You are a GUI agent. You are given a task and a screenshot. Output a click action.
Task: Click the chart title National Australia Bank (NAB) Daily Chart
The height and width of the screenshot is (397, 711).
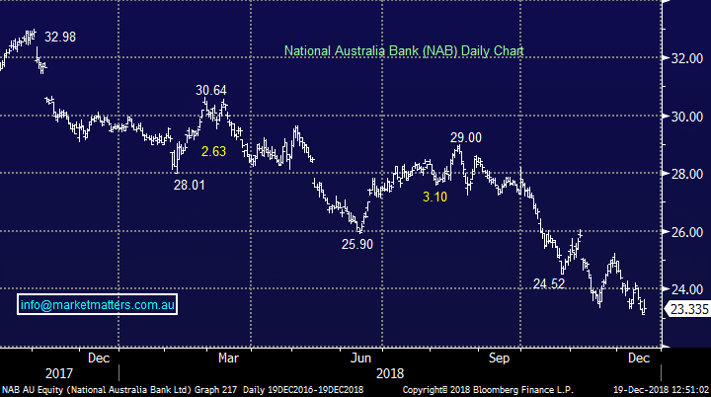(x=403, y=49)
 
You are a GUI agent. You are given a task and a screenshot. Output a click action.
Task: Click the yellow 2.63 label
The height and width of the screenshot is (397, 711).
(x=214, y=151)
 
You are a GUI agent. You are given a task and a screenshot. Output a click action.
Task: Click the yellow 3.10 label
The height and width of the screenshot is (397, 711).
(x=435, y=198)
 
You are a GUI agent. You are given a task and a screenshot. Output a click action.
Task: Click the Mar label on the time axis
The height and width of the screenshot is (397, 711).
(x=228, y=357)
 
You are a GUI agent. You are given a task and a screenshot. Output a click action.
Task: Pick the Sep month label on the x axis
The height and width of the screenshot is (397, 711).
(x=500, y=357)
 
